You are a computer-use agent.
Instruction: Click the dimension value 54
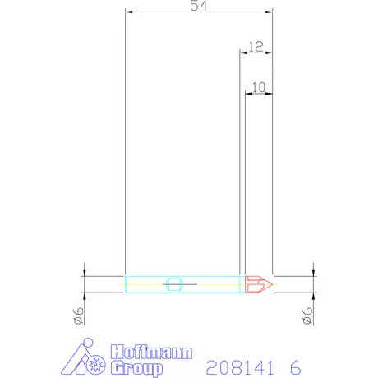[x=198, y=6]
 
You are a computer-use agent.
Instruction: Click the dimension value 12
[x=255, y=47]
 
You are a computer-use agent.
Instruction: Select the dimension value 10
[x=259, y=85]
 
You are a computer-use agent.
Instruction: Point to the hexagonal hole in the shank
[x=173, y=284]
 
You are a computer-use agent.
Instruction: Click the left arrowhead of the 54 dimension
[x=127, y=12]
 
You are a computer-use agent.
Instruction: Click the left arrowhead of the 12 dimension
[x=242, y=53]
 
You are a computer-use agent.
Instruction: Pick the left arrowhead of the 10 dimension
[x=248, y=92]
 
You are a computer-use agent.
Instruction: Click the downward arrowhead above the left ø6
[x=85, y=272]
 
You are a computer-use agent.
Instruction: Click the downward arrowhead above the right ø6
[x=314, y=272]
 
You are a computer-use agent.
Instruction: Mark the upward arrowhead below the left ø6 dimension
[x=85, y=297]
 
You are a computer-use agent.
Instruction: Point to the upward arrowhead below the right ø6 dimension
[x=314, y=297]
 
